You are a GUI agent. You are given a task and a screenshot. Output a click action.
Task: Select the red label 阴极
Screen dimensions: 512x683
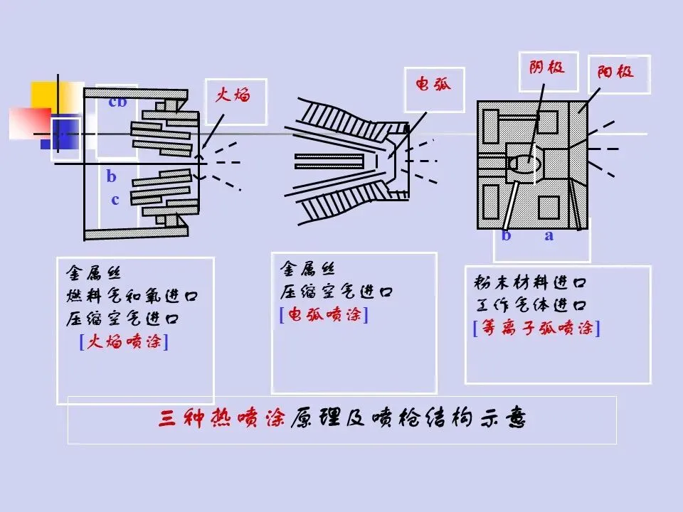click(x=547, y=68)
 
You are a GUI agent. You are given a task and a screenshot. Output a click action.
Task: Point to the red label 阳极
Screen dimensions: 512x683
click(x=615, y=71)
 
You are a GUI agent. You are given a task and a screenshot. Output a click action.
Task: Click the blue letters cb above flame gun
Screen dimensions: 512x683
click(x=117, y=102)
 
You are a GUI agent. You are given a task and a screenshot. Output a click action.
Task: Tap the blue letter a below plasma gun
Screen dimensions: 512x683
click(x=549, y=236)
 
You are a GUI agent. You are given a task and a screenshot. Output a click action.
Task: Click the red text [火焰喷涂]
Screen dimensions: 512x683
click(x=125, y=342)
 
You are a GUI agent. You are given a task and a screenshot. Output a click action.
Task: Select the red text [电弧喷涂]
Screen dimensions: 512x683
click(x=324, y=315)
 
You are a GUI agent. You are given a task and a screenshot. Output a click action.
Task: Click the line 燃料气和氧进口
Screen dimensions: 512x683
click(x=132, y=295)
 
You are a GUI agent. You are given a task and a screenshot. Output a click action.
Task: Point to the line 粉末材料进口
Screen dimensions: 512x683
click(x=531, y=282)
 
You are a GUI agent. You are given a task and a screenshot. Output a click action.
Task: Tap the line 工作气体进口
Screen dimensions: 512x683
click(x=531, y=306)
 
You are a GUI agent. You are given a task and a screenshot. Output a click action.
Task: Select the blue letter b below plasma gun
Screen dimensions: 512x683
click(x=507, y=236)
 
